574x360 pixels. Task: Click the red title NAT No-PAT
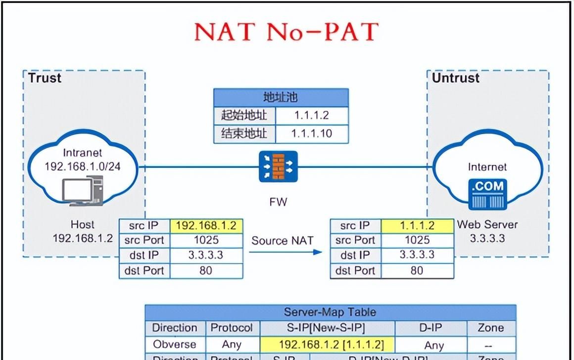[287, 32]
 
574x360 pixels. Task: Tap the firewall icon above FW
[278, 166]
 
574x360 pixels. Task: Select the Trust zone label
[45, 78]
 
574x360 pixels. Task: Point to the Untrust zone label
[456, 78]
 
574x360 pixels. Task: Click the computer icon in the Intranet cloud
[83, 191]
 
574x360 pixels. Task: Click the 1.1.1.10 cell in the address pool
[311, 133]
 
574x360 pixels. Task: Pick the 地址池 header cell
[281, 97]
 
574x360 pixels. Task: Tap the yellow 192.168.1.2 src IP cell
[206, 226]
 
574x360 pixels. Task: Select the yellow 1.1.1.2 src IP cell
[417, 226]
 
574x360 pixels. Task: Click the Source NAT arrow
[285, 252]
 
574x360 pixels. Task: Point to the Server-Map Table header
[330, 312]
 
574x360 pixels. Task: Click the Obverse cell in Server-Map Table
[174, 344]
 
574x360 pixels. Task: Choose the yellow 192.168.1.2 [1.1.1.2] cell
[327, 344]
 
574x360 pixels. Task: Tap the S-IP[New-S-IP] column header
[327, 328]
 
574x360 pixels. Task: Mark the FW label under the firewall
[278, 202]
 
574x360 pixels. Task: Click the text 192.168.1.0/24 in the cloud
[83, 166]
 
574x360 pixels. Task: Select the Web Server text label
[487, 224]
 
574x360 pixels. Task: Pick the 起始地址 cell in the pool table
[244, 115]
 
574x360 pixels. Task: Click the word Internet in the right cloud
[487, 167]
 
